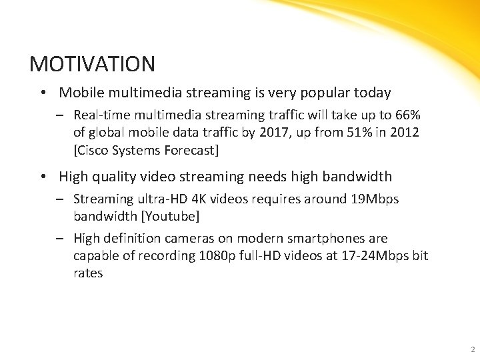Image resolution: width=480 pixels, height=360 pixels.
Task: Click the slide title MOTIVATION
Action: (93, 64)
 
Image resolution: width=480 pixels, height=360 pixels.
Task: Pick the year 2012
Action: (399, 132)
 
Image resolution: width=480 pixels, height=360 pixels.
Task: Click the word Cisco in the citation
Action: (94, 150)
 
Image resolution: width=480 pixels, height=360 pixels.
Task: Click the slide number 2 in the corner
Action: (472, 349)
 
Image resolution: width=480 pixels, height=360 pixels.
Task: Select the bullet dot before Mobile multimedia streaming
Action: (42, 93)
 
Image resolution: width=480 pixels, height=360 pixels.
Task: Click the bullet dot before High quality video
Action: (42, 177)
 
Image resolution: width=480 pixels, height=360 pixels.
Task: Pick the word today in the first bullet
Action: (374, 93)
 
